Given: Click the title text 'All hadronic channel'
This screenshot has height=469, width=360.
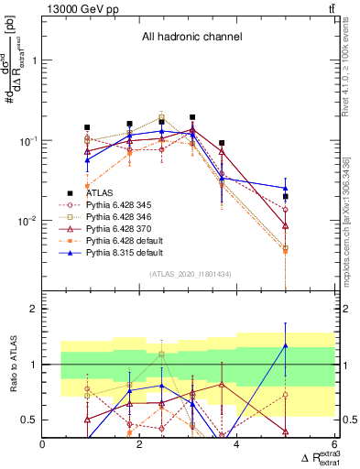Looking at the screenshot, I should pos(191,37).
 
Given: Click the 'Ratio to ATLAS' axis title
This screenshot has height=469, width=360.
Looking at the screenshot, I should pos(12,364).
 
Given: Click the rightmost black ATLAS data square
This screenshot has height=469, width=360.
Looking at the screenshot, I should pos(286,196).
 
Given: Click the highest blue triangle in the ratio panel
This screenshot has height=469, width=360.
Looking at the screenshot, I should pos(286,345).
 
